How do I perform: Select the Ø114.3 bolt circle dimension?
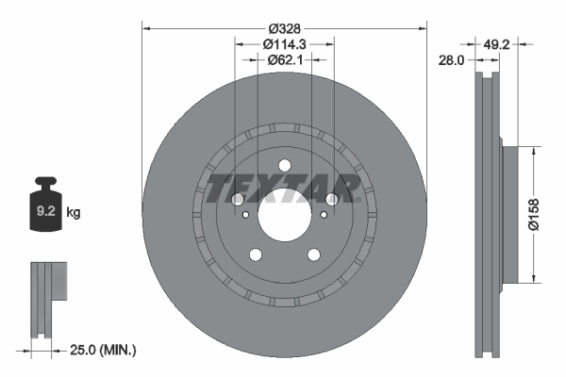pyautogui.click(x=284, y=43)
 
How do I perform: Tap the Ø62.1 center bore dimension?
pyautogui.click(x=284, y=61)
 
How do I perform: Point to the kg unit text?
pyautogui.click(x=74, y=213)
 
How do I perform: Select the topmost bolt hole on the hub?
pyautogui.click(x=284, y=168)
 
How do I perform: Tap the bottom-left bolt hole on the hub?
pyautogui.click(x=254, y=254)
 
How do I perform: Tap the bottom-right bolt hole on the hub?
pyautogui.click(x=314, y=254)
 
